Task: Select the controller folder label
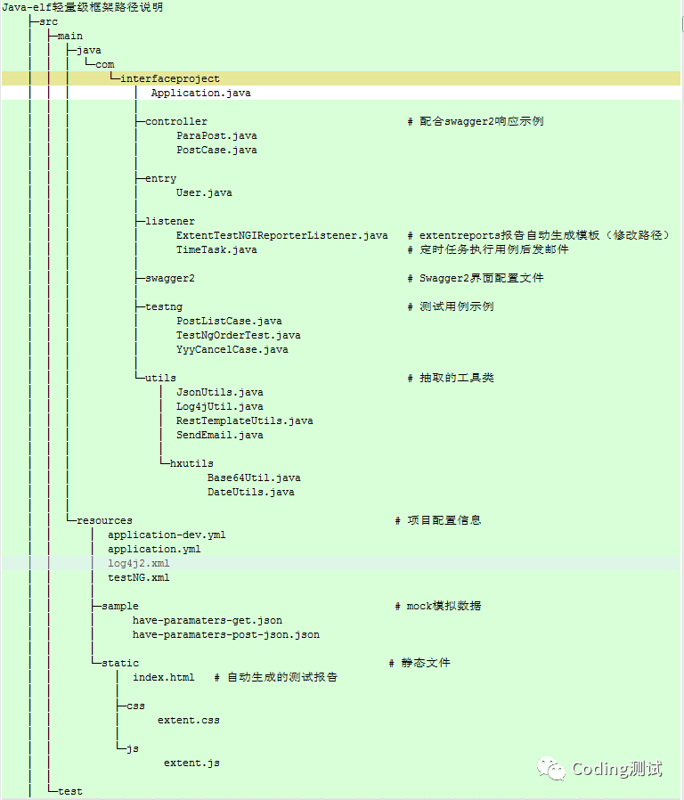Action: tap(176, 121)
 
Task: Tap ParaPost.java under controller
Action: tap(216, 135)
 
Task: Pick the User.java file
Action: tap(204, 192)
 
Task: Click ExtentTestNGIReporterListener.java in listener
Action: tap(281, 235)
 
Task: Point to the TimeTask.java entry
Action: tap(216, 249)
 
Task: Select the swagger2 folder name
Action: tap(170, 278)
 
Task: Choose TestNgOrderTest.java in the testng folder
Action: tap(238, 335)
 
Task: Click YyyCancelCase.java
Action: tap(232, 349)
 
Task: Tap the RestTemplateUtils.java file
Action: tap(244, 420)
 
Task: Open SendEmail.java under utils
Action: tap(219, 435)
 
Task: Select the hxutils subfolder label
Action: tap(191, 463)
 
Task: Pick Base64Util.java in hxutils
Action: tap(254, 478)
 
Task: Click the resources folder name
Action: tap(104, 520)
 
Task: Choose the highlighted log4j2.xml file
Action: tap(138, 563)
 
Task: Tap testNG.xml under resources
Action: tap(138, 577)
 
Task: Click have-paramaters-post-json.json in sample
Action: tap(225, 634)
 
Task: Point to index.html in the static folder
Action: tap(163, 677)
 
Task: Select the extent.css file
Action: tap(188, 720)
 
